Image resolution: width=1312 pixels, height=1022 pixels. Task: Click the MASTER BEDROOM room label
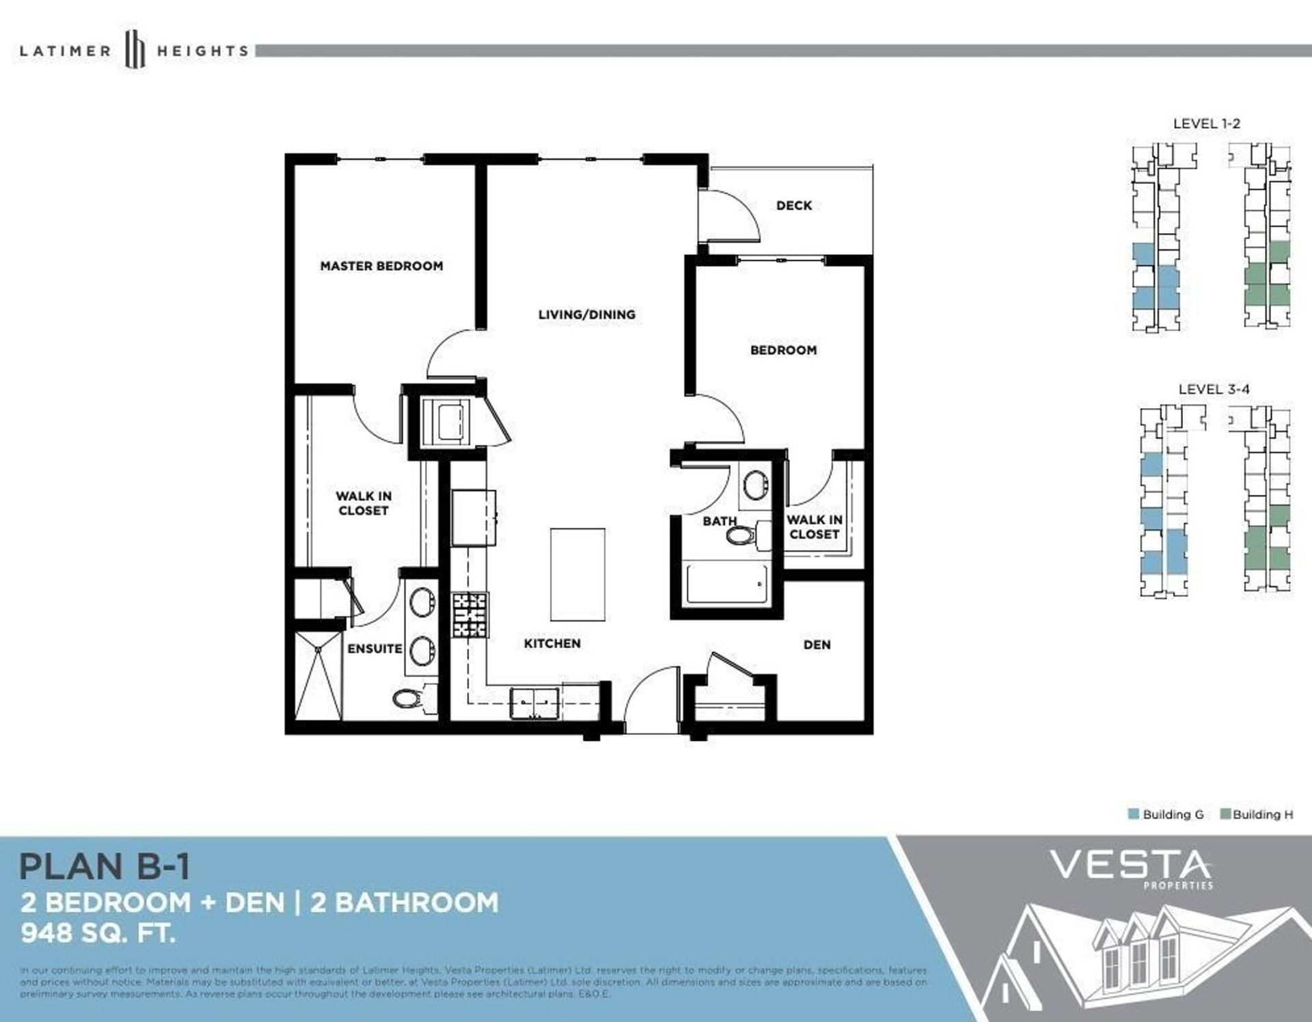point(381,266)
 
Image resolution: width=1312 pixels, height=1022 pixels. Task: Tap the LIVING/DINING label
point(586,314)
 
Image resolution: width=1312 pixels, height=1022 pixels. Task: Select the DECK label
point(793,205)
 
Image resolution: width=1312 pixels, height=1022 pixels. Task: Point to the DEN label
point(817,645)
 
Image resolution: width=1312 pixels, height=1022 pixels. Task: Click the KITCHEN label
point(552,643)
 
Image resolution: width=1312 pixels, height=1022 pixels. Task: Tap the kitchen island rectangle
point(577,574)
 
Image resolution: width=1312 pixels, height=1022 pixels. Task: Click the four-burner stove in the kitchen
point(470,615)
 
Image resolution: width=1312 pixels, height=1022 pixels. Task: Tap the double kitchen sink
point(534,703)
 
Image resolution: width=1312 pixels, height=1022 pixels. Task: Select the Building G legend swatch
point(1134,814)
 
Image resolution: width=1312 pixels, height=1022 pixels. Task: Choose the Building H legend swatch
point(1225,814)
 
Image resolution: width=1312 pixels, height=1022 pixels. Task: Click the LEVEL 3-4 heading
point(1214,389)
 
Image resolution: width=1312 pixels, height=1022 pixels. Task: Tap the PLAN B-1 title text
point(104,867)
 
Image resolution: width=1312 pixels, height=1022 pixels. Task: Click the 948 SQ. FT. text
point(98,933)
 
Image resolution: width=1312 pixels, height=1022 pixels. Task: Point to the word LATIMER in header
point(65,51)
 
